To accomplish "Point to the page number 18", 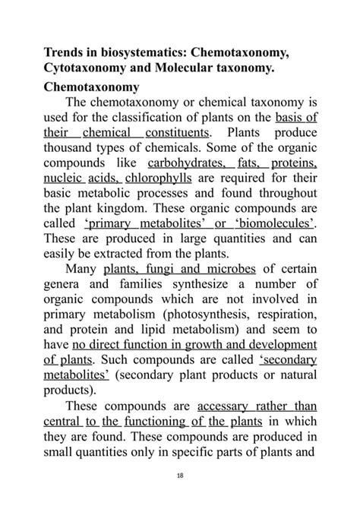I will [x=180, y=475].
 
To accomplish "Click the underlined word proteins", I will [x=292, y=163].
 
